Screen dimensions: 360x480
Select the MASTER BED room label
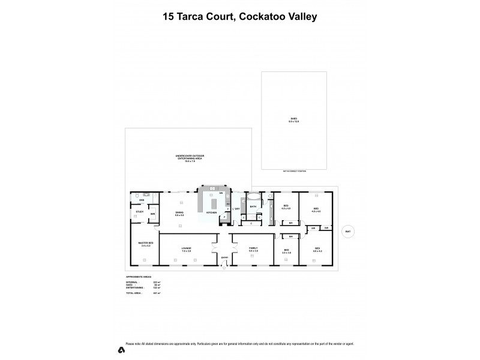click(x=146, y=243)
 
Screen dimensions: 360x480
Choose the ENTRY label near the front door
click(x=224, y=257)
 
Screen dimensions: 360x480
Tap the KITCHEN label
click(x=211, y=213)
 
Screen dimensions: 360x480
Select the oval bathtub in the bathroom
click(x=253, y=196)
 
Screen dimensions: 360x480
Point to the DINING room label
click(x=179, y=213)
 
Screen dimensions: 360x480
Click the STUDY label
click(x=139, y=212)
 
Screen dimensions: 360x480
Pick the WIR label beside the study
click(x=152, y=214)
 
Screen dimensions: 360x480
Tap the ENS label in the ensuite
click(x=142, y=200)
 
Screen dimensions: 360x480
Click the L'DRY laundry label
click(x=237, y=208)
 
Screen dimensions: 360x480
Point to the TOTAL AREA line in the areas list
click(x=135, y=293)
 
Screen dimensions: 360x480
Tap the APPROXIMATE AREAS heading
click(x=135, y=277)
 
